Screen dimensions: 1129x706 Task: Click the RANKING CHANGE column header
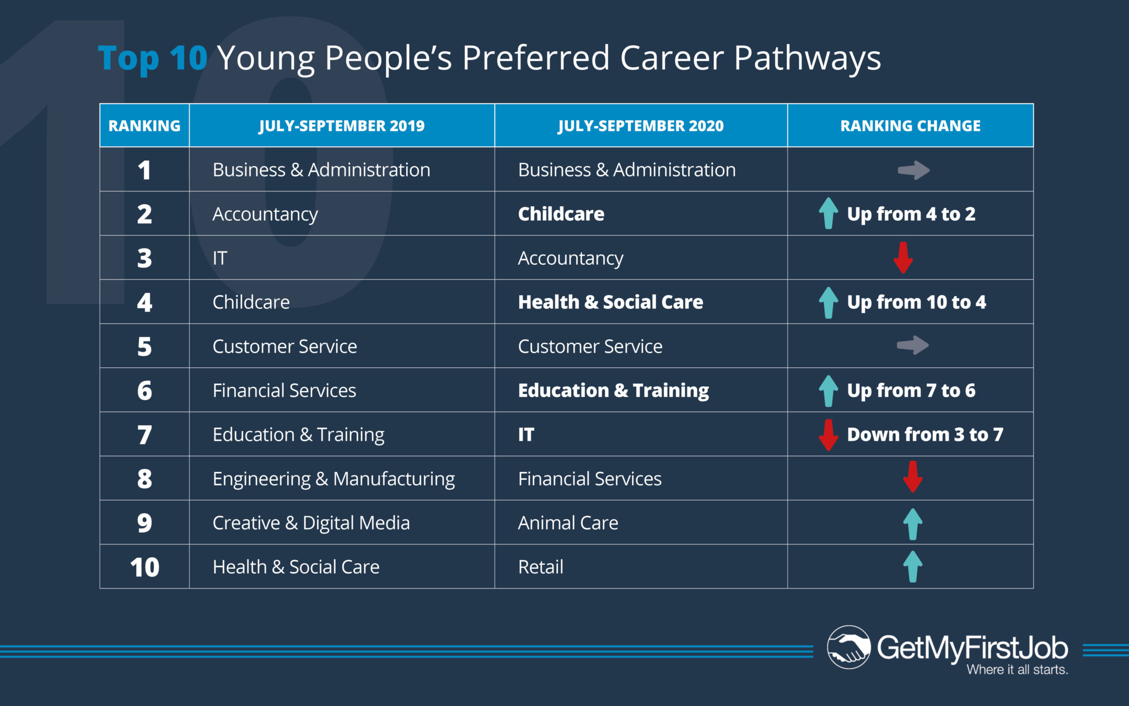pyautogui.click(x=910, y=126)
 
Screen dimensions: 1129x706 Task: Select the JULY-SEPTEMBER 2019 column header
pyautogui.click(x=342, y=126)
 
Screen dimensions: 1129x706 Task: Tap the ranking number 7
pyautogui.click(x=144, y=435)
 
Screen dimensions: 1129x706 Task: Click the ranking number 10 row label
pyautogui.click(x=144, y=567)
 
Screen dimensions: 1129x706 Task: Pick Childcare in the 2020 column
pyautogui.click(x=561, y=214)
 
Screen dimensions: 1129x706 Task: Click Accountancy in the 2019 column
pyautogui.click(x=265, y=215)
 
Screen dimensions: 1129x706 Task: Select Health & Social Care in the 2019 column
pyautogui.click(x=296, y=567)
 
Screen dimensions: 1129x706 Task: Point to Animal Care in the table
pyautogui.click(x=568, y=523)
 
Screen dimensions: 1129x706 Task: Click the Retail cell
pyautogui.click(x=541, y=567)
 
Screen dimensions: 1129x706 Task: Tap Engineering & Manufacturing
pyautogui.click(x=334, y=479)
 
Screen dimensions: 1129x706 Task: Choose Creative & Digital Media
pyautogui.click(x=311, y=523)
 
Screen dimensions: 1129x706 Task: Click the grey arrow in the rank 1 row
pyautogui.click(x=913, y=170)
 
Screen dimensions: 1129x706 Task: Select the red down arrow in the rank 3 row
pyautogui.click(x=903, y=258)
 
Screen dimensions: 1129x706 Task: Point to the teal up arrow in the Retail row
pyautogui.click(x=913, y=566)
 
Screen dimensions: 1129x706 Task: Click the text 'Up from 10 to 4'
pyautogui.click(x=916, y=302)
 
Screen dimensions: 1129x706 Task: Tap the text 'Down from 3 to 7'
pyautogui.click(x=925, y=435)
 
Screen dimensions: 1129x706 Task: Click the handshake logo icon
pyautogui.click(x=849, y=647)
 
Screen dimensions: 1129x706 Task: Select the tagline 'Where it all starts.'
pyautogui.click(x=1017, y=670)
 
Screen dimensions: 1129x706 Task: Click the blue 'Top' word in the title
pyautogui.click(x=128, y=58)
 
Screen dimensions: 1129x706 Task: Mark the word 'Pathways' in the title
pyautogui.click(x=807, y=58)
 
